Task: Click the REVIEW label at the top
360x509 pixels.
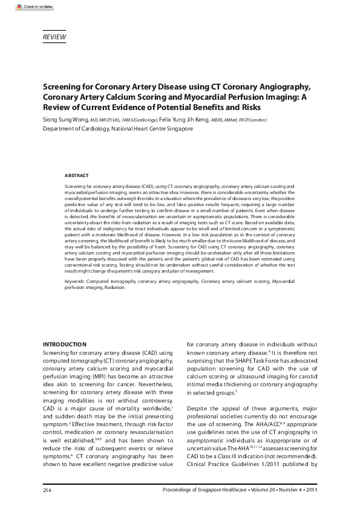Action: coord(54,37)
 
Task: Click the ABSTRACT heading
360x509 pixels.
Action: coord(76,175)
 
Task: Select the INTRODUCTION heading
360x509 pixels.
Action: coord(65,344)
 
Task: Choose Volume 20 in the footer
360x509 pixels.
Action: coord(252,490)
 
